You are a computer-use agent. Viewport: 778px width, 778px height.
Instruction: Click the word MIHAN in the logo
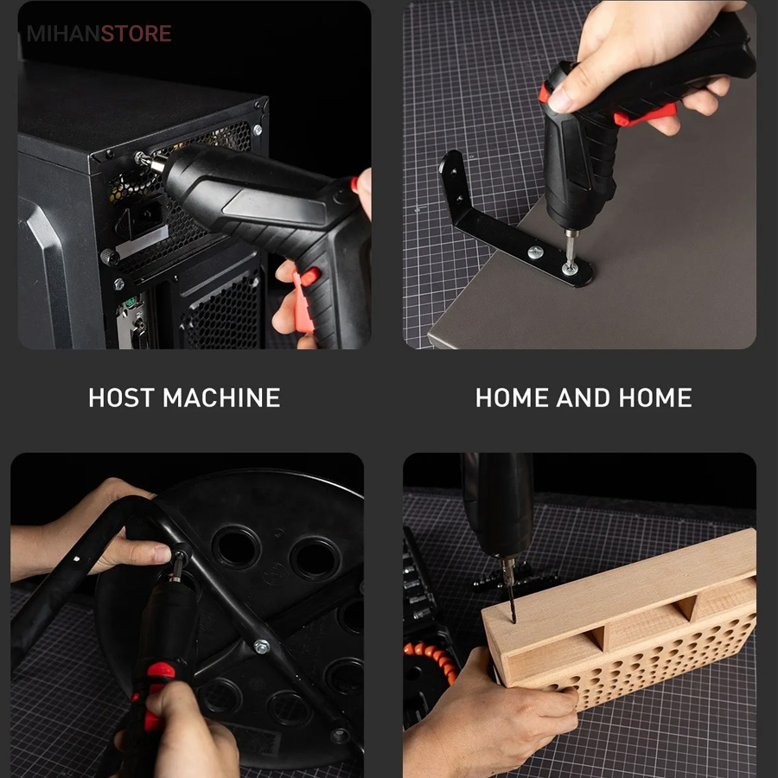click(x=63, y=34)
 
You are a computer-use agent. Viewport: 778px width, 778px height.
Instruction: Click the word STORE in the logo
click(x=136, y=34)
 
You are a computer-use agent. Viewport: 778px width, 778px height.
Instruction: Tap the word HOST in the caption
click(x=121, y=398)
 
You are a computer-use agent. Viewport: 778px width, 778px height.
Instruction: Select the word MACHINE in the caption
click(x=222, y=398)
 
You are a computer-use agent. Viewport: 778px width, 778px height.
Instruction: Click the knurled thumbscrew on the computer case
click(x=109, y=257)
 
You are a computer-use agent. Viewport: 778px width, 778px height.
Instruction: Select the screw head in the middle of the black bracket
click(x=535, y=252)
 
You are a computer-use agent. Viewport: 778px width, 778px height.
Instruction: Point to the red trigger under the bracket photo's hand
click(x=645, y=115)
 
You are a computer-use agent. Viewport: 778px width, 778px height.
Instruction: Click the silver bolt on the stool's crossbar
click(x=261, y=647)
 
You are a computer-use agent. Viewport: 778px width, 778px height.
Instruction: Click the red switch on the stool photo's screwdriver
click(x=160, y=671)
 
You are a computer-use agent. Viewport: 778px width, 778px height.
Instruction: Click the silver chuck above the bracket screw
click(x=571, y=233)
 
